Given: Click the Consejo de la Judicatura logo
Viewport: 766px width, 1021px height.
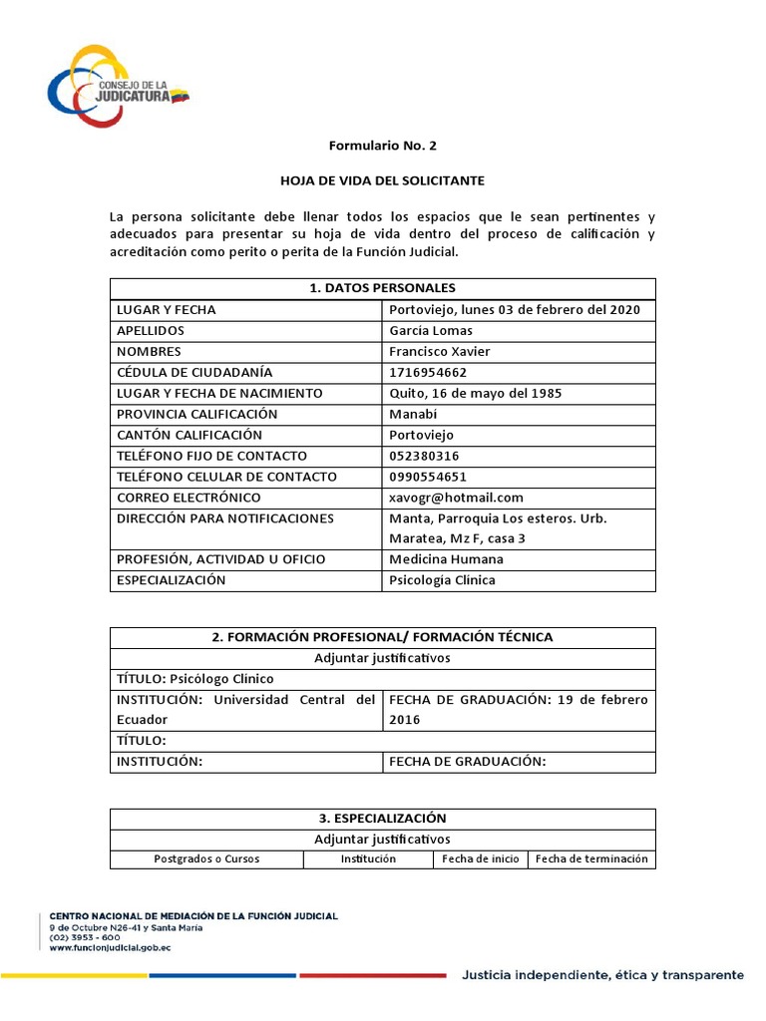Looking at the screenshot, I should click(x=118, y=85).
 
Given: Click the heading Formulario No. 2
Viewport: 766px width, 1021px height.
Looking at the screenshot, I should click(x=383, y=146).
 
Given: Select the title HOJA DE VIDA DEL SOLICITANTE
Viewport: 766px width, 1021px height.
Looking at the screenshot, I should click(x=383, y=180).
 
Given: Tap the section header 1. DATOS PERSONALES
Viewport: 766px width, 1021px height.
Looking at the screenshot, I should click(x=383, y=288).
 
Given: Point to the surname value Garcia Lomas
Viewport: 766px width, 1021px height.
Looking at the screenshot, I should click(x=431, y=330).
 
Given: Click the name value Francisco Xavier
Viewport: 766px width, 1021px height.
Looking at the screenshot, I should click(x=439, y=351).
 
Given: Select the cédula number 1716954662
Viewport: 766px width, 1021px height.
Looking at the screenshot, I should click(x=427, y=372).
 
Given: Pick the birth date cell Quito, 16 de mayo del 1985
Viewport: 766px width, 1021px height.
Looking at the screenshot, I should click(x=475, y=393).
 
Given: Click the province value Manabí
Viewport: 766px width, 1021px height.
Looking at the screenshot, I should click(x=414, y=414).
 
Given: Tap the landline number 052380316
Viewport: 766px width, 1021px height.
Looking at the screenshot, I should click(x=424, y=456).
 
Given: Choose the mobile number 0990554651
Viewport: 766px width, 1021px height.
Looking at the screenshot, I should click(x=428, y=477).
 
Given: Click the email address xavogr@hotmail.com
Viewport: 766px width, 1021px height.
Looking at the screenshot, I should click(x=456, y=498).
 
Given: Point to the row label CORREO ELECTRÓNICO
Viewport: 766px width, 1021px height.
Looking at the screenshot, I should click(x=189, y=498).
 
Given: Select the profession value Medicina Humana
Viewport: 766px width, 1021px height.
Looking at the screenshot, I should click(x=446, y=559).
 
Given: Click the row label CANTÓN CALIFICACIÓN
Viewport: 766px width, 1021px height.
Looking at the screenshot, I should click(x=190, y=435).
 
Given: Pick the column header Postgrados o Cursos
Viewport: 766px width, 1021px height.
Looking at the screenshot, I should click(x=205, y=858).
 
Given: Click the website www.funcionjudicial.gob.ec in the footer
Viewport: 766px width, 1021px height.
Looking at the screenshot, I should click(x=110, y=948).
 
